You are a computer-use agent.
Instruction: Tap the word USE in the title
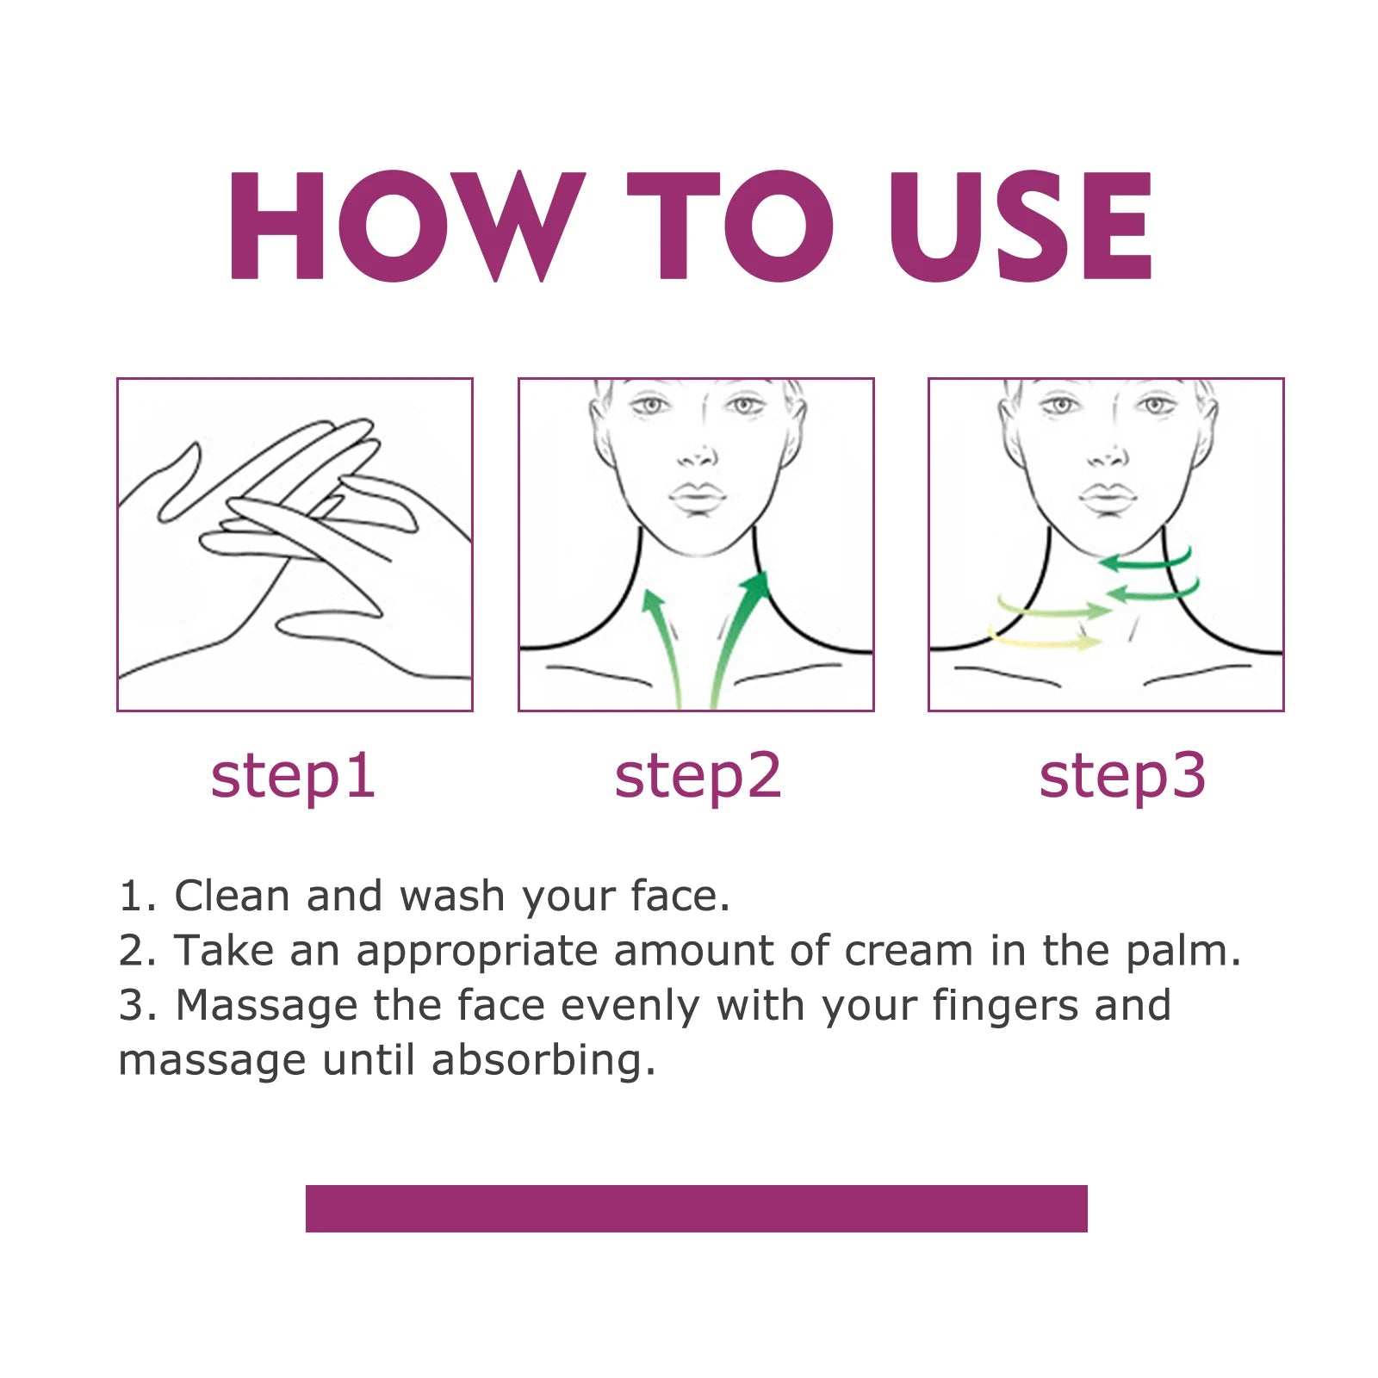tap(1021, 226)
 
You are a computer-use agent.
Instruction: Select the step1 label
tap(293, 776)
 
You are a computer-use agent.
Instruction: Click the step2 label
tap(698, 776)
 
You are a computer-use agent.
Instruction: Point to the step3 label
tap(1122, 776)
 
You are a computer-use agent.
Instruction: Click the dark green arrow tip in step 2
tap(757, 583)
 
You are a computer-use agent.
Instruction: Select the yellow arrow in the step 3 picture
tap(1046, 640)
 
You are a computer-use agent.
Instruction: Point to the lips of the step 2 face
tap(697, 498)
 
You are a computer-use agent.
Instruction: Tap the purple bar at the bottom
tap(696, 1207)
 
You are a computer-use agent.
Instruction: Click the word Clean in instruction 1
tap(232, 896)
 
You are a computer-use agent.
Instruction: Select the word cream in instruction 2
tap(909, 951)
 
